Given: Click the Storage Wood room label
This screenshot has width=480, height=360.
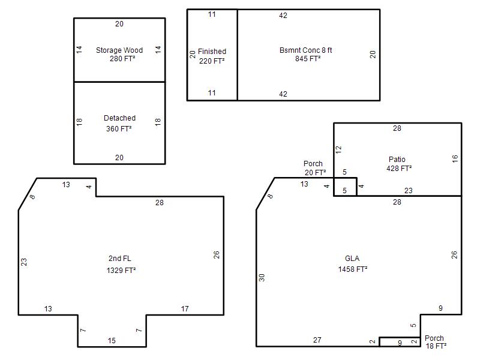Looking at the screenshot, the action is pos(119,50).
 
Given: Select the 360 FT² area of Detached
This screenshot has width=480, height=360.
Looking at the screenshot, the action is pos(119,129).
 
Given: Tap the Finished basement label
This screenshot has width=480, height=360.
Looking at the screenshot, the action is pos(212,52).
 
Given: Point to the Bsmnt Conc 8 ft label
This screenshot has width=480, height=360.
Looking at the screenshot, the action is pos(305,50).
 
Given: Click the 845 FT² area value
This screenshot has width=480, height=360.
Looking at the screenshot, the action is pos(308,58).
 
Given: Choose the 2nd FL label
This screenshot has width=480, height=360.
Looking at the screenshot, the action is pos(119,259).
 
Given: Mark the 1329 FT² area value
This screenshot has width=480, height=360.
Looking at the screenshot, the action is pos(121,271).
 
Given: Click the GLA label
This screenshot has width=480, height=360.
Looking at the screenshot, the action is pos(352,259).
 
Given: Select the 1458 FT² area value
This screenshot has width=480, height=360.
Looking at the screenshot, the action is pos(353,269).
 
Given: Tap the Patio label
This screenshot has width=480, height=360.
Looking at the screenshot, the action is pos(397,160).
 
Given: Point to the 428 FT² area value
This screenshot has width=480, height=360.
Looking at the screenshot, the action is pos(399,169).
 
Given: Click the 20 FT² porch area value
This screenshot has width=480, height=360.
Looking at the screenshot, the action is pos(315,173).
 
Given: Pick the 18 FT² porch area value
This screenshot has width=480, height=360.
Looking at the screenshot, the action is pos(436,346).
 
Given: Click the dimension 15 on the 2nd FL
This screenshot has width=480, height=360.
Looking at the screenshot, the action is pos(112,341).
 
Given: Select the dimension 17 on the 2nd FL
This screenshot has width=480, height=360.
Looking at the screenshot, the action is pos(185,309).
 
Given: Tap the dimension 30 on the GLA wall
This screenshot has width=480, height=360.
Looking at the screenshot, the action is pos(262,278).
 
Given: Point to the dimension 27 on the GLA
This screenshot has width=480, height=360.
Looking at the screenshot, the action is pos(317,340).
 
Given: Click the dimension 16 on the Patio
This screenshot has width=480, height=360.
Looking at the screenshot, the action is pos(455,158).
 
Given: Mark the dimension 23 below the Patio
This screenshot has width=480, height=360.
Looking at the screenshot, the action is pos(409,191).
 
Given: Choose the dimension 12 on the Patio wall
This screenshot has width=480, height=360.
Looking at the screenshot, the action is pos(338,149).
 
